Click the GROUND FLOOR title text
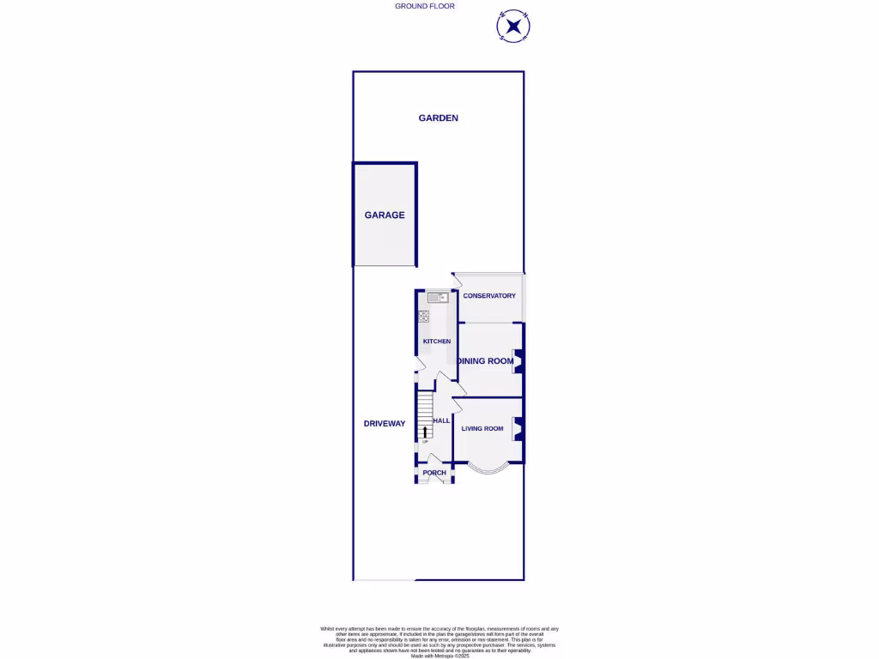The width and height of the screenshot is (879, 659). click(x=424, y=6)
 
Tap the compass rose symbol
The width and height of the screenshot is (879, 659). click(x=513, y=27)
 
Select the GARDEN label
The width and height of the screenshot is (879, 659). click(x=438, y=118)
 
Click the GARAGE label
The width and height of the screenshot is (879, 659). click(x=385, y=215)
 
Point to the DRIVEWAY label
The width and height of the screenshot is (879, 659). click(x=384, y=424)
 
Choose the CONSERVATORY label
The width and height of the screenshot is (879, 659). click(x=489, y=296)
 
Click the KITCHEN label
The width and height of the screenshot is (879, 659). click(x=436, y=342)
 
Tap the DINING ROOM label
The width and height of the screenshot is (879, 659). click(x=487, y=361)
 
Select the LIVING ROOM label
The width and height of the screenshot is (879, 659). click(x=482, y=429)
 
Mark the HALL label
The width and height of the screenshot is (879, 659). click(x=441, y=421)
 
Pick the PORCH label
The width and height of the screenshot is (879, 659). click(x=434, y=473)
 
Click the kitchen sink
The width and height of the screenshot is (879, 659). click(x=437, y=298)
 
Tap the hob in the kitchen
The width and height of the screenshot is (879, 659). click(x=423, y=316)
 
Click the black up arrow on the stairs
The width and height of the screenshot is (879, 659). click(x=424, y=431)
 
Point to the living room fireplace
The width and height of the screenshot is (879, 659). click(x=518, y=429)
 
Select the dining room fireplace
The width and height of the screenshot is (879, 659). click(x=518, y=361)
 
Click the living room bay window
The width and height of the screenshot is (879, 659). click(x=488, y=469)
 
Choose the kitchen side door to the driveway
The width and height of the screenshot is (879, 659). click(x=419, y=365)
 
